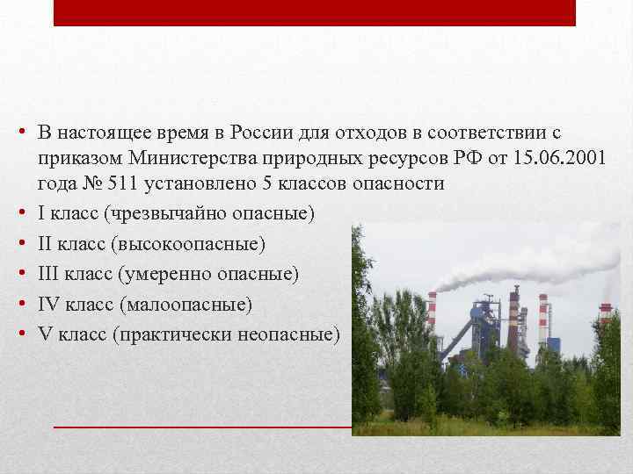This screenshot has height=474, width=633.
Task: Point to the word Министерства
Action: pyautogui.click(x=186, y=158)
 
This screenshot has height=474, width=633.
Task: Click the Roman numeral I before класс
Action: pyautogui.click(x=41, y=212)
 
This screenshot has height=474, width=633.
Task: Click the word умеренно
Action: pyautogui.click(x=159, y=274)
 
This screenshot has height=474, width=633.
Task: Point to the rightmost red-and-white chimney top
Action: pyautogui.click(x=606, y=309)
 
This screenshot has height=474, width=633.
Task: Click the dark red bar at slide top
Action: pyautogui.click(x=314, y=12)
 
